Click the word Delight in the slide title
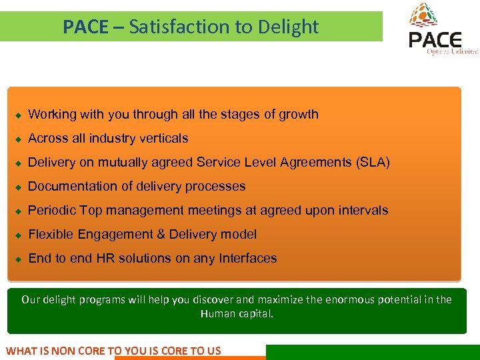click(x=290, y=27)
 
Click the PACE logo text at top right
click(x=435, y=39)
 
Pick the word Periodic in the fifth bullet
click(x=52, y=211)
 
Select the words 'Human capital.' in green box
click(x=237, y=313)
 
